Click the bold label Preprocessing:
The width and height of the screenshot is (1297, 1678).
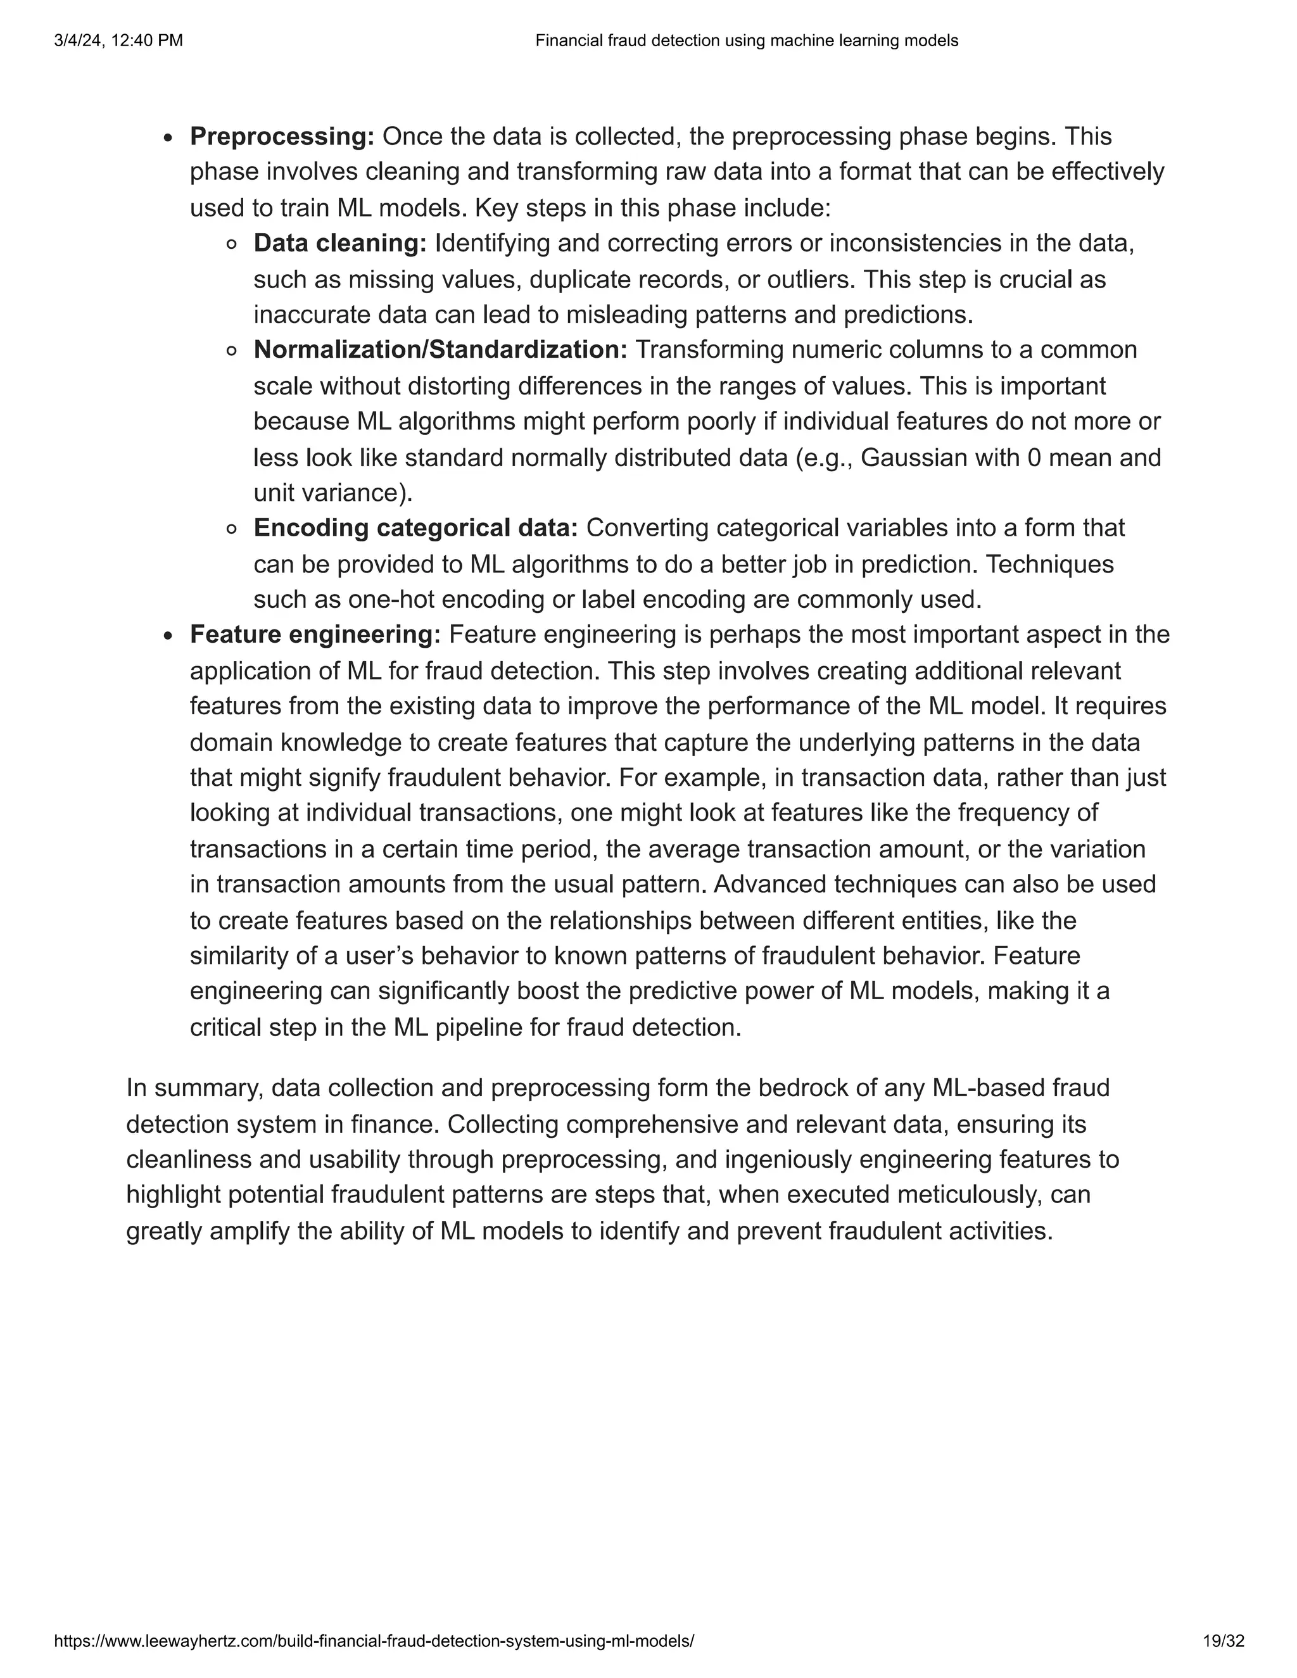[x=282, y=137]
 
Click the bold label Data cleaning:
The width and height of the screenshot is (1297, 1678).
[x=339, y=244]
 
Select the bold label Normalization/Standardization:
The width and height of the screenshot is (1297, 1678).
[x=440, y=350]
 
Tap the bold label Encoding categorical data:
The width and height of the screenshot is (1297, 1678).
[x=415, y=528]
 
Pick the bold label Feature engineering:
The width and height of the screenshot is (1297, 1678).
[x=315, y=634]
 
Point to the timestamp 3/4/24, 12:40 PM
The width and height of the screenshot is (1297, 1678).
[x=118, y=41]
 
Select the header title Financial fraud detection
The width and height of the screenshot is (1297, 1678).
[x=746, y=41]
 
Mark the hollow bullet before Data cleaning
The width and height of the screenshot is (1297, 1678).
[x=231, y=245]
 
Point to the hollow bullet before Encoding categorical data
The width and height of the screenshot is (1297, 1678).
[x=231, y=529]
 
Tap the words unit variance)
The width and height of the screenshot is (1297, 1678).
[x=332, y=493]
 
